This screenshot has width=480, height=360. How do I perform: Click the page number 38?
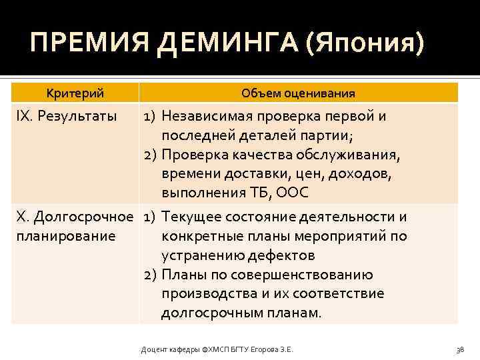(459, 349)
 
